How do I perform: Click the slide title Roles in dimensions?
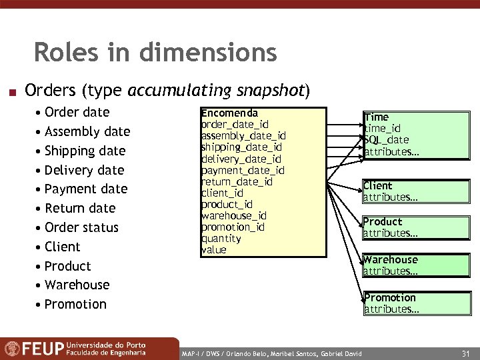[155, 52]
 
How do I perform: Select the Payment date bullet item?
[85, 189]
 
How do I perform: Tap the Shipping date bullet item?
[85, 151]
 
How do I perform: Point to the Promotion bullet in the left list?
[75, 304]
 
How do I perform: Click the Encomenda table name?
[229, 113]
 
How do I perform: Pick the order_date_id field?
[235, 125]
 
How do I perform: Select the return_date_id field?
[237, 181]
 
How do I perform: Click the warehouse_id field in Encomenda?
[233, 215]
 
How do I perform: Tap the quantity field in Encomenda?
[221, 238]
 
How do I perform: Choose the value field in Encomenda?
[214, 249]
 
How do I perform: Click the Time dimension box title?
[376, 117]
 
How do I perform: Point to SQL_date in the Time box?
[387, 139]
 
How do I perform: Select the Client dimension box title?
[377, 186]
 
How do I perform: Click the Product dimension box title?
[383, 222]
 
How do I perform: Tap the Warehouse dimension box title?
[390, 260]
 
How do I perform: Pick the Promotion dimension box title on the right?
[389, 298]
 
